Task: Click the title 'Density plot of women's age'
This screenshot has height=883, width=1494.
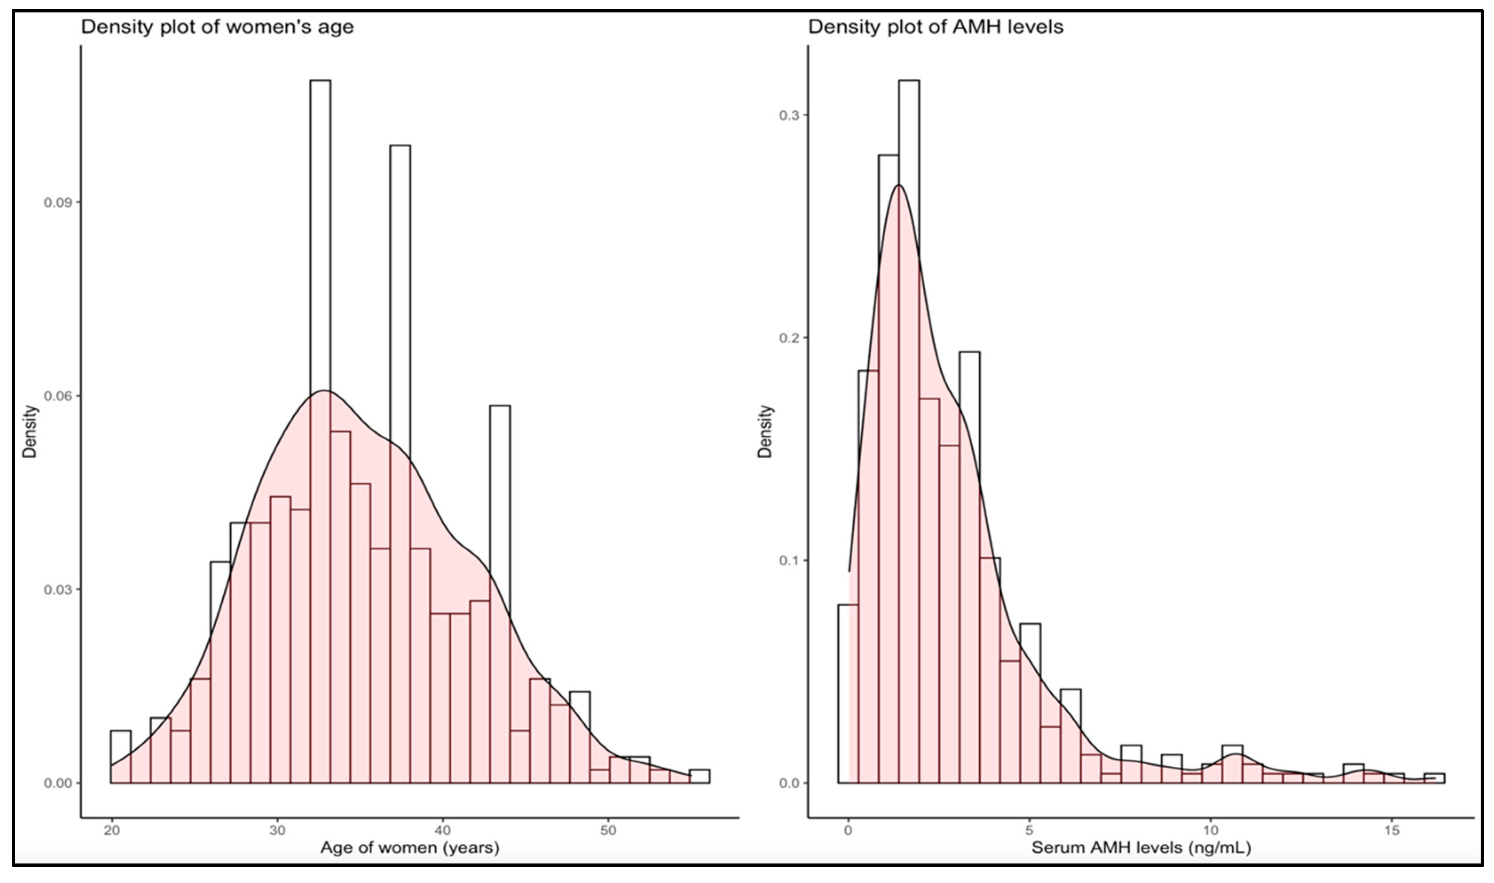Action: click(x=217, y=27)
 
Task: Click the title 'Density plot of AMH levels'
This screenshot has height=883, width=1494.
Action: click(x=935, y=27)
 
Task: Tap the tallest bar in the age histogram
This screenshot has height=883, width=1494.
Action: click(x=320, y=238)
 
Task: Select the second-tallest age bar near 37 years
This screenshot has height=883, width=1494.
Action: click(x=400, y=297)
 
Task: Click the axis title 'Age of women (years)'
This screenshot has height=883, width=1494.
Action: click(x=410, y=848)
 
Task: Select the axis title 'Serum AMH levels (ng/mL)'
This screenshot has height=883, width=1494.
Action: click(x=1141, y=848)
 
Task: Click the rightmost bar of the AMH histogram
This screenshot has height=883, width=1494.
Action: click(x=1435, y=778)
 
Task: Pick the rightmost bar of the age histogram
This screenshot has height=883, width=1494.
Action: click(x=700, y=776)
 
